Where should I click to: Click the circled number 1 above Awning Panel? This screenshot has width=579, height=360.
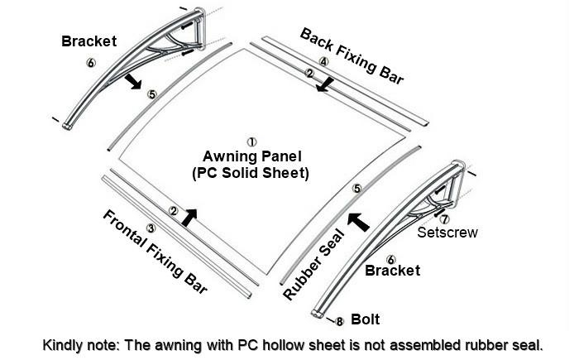coord(251,142)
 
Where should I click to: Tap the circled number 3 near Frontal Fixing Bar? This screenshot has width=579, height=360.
coord(151,228)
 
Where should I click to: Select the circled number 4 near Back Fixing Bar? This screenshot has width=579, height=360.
coord(323,61)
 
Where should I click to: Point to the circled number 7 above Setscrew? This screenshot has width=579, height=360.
coord(445,219)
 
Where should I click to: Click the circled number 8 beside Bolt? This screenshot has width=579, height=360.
coord(340,322)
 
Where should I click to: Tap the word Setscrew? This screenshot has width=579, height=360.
coord(447,233)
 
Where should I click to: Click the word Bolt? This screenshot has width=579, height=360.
coord(366,319)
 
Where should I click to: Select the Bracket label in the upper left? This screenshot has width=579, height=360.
coord(89,41)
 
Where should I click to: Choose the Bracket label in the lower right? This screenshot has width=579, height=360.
coord(393,270)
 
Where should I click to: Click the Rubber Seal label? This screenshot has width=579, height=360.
coord(314,264)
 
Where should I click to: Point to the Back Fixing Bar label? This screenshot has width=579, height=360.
coord(352,56)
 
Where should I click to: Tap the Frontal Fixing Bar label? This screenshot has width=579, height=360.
coord(156,252)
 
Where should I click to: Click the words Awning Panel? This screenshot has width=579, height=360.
coord(252,156)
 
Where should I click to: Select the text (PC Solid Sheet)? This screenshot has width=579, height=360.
coord(251,173)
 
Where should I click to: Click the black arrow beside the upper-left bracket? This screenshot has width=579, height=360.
coord(133,81)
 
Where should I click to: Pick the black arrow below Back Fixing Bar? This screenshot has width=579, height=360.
coord(324,84)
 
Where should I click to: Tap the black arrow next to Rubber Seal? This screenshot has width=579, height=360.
coord(358,222)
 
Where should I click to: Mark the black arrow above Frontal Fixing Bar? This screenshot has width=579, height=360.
coord(189,218)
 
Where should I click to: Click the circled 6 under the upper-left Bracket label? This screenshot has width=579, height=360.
coord(91,63)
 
